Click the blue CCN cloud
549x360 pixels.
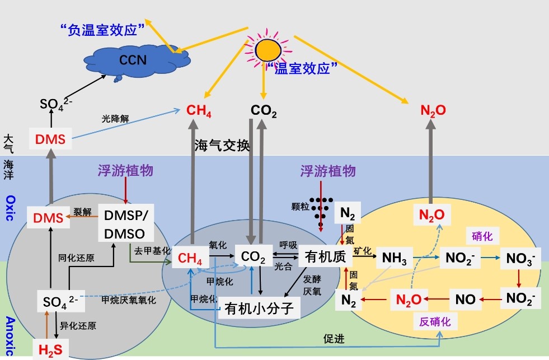[132, 59]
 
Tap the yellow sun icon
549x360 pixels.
[268, 49]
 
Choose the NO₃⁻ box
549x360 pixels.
[519, 259]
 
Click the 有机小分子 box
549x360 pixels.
[259, 308]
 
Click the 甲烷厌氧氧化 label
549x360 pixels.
[128, 300]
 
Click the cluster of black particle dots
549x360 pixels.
[320, 211]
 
